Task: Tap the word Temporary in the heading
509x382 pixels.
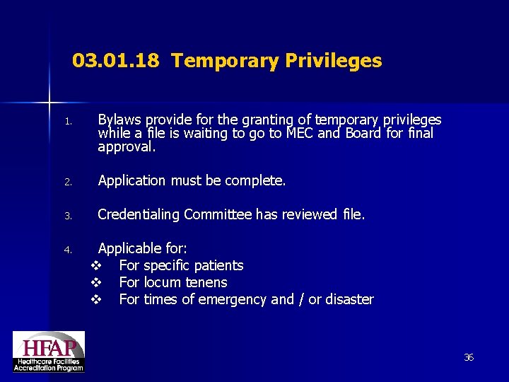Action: coord(225,62)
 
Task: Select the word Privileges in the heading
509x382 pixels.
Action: coord(334,62)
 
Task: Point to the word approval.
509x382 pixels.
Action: coord(125,148)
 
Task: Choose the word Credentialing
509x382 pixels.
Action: coord(139,215)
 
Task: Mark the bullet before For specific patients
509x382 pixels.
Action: coord(97,266)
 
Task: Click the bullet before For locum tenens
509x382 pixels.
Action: coord(97,283)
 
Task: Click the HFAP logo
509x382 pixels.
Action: coord(48,351)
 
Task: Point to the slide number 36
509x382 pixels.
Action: coord(468,358)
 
